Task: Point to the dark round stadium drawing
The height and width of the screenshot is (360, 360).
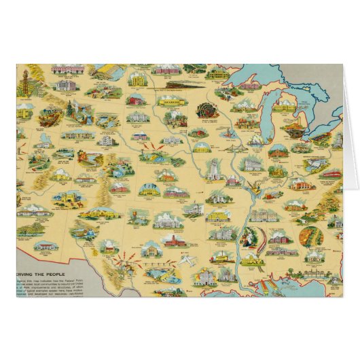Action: click(x=204, y=111)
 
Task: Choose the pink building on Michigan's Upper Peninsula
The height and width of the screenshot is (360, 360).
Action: click(x=249, y=86)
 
